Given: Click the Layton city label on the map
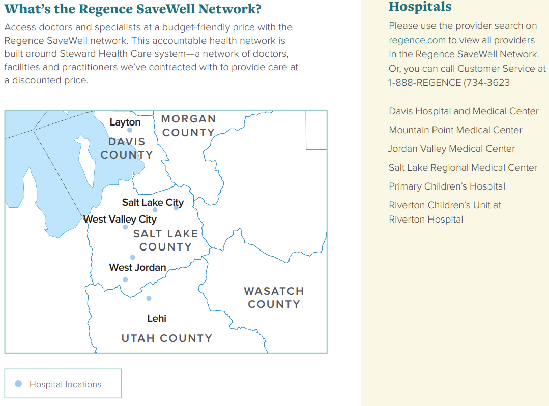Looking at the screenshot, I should coord(125,122).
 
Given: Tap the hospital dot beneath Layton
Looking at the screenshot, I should coord(130,130).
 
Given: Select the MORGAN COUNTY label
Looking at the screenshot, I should coord(188,126).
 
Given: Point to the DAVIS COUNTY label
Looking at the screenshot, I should coord(127,148).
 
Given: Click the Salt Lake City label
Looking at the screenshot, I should coord(153,202).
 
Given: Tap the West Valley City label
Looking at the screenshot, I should coord(120,219).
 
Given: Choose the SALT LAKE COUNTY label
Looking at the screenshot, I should coord(165,240).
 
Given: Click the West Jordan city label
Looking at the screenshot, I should coord(137,267).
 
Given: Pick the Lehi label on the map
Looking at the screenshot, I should coord(157,318).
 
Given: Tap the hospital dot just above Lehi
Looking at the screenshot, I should coord(149,298).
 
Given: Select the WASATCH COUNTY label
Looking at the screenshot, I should coord(274,298).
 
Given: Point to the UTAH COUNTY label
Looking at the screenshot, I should coord(166,338).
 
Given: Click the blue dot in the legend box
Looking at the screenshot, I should coord(18,384).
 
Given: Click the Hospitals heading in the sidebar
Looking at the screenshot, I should coord(420,7).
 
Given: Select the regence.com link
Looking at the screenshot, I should coord(417,40).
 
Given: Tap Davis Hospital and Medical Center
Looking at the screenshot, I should coord(464,111).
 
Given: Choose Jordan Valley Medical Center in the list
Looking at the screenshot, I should coord(451,149).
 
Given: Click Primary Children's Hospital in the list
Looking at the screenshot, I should coord(447,186).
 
